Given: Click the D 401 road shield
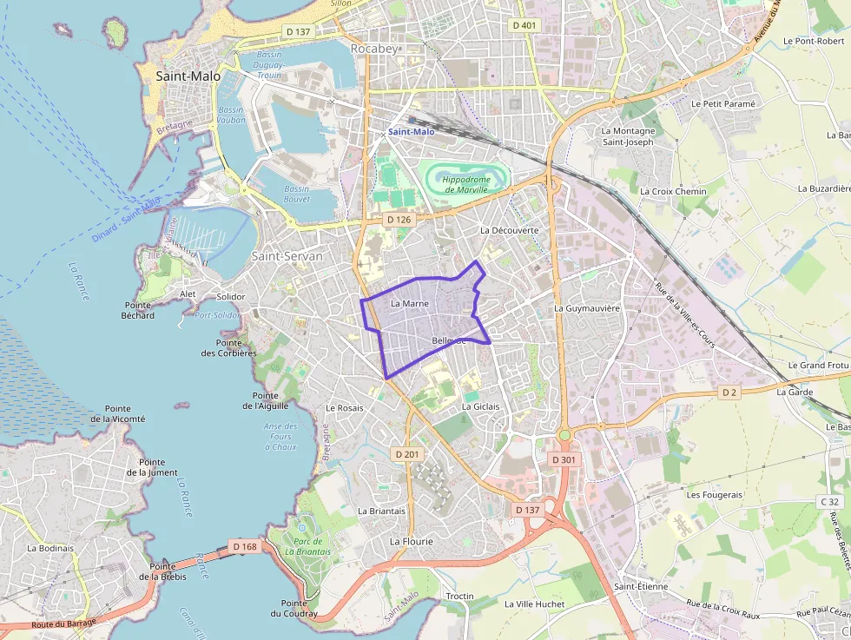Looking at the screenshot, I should tap(524, 25).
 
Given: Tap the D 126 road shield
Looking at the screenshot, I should tap(398, 219).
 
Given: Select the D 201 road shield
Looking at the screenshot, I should tap(406, 454).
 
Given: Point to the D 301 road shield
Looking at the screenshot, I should tap(564, 459).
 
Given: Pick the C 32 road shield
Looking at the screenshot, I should tap(830, 501).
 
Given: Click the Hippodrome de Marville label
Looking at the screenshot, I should tap(467, 184).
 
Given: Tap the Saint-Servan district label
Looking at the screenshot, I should tap(287, 256).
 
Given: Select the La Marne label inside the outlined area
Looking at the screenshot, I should tap(410, 304).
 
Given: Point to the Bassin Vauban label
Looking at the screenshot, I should tap(231, 115).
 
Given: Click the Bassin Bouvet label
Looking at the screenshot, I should tap(296, 194).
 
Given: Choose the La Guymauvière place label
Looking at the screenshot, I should tap(587, 308).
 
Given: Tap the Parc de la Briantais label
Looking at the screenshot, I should tap(307, 546).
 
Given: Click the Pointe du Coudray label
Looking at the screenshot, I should tap(294, 609).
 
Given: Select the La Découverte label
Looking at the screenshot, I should tap(510, 230).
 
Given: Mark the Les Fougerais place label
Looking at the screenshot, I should tap(715, 495).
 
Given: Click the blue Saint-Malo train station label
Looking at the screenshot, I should tap(411, 132).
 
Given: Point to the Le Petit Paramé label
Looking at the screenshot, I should tap(723, 103).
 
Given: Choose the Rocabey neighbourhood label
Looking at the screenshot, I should tap(374, 49).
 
